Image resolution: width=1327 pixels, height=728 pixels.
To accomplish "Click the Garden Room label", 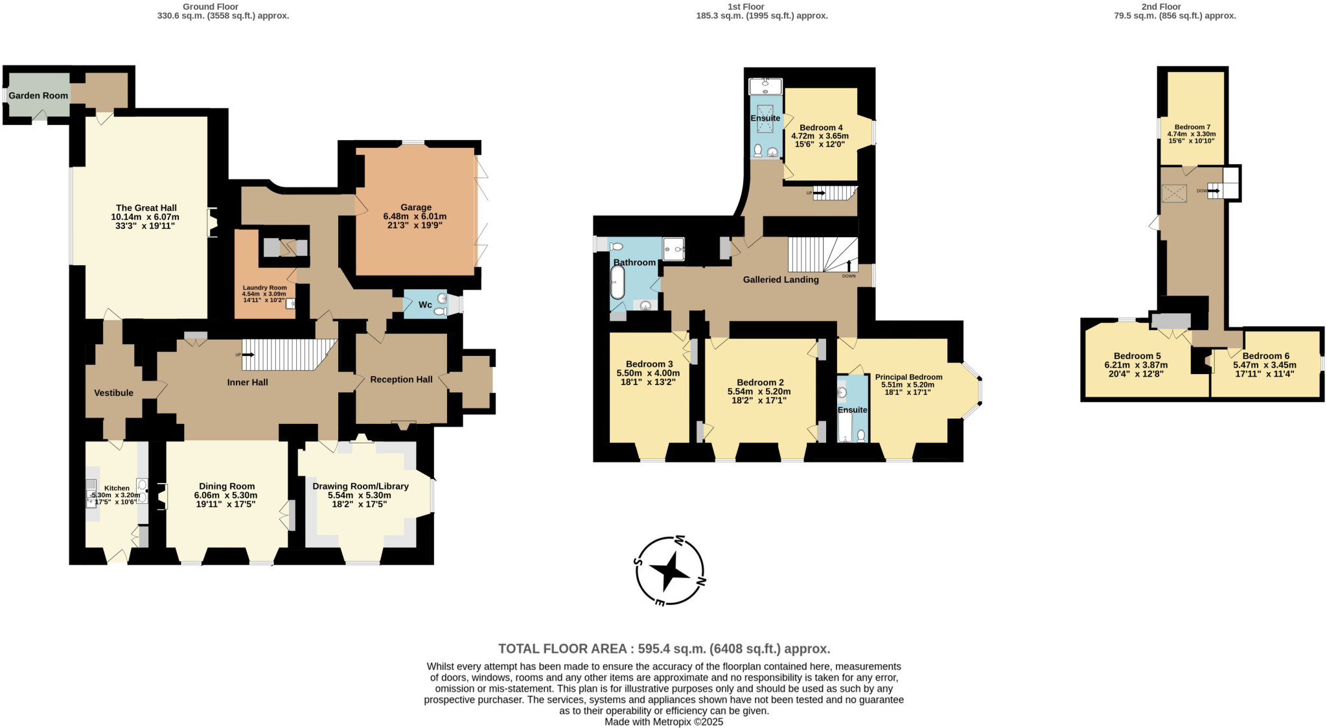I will (38, 95).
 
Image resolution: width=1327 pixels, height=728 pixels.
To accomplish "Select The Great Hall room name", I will (146, 208).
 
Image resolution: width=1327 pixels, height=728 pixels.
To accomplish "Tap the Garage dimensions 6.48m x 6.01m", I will (415, 217).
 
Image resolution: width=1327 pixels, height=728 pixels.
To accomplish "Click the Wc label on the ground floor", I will (425, 305).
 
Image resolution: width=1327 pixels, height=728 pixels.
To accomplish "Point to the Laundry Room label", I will (264, 288).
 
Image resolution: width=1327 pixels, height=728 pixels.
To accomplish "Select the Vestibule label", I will (113, 393).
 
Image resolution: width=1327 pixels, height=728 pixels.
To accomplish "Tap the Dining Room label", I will (227, 486).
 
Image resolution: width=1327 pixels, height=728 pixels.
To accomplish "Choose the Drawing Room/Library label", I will (360, 486).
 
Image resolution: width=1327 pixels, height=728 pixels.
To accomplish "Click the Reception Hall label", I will (401, 379).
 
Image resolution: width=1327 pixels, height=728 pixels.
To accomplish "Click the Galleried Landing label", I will (781, 279).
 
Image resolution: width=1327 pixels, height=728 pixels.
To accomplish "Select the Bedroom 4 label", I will (821, 128).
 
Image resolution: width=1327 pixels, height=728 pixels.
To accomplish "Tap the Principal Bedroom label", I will (908, 377).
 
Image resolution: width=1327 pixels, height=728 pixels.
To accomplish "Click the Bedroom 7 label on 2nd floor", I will (1192, 127).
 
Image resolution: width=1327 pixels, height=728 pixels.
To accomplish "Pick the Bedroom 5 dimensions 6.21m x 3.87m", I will (1136, 365).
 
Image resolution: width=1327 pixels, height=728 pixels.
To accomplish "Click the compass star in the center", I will (669, 570).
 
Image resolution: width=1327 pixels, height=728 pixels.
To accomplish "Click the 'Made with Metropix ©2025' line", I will (663, 722).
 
